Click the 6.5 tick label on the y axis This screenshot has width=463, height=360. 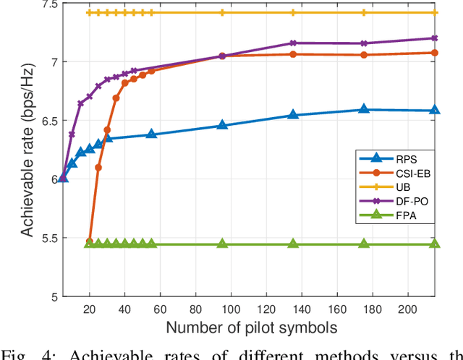point(43,121)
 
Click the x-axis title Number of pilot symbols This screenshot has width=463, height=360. point(251,328)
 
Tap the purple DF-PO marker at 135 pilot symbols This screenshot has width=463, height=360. point(293,43)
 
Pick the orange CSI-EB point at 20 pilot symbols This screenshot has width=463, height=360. point(90,241)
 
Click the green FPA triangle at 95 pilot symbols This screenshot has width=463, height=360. point(222,244)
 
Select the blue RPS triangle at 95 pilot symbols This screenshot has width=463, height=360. point(222,125)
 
